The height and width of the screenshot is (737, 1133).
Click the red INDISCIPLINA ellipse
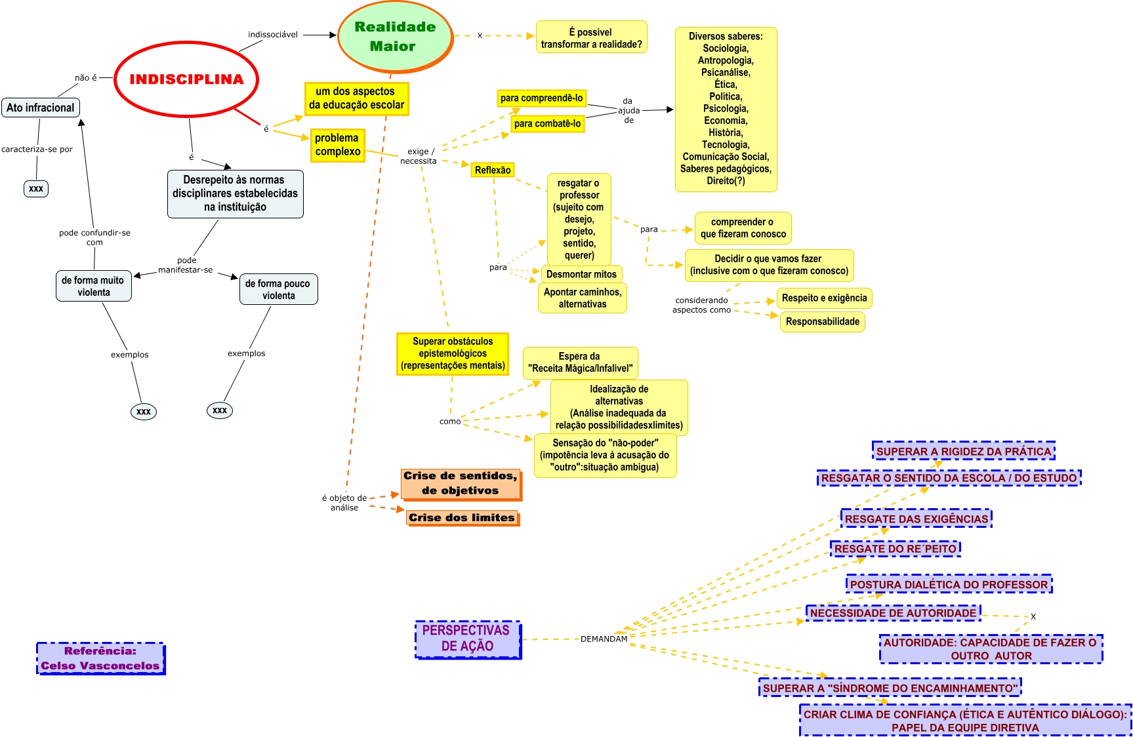coord(187,79)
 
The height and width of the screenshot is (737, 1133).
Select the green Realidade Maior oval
coord(395,37)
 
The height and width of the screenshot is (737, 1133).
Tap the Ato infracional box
coord(41,108)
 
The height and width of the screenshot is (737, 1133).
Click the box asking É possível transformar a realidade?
coord(592,38)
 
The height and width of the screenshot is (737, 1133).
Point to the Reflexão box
coord(493,170)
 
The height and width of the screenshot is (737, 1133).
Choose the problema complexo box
coord(337,145)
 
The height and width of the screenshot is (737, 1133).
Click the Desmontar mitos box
coord(581,274)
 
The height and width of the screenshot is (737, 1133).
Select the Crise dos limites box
coord(462,518)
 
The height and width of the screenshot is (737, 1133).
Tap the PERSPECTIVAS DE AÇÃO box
coord(468,639)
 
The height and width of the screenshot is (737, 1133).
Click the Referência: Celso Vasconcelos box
coord(100,658)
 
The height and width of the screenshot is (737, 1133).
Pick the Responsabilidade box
coord(823,321)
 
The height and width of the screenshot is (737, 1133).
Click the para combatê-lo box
coord(547,123)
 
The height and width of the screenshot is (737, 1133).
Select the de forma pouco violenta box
coord(278,289)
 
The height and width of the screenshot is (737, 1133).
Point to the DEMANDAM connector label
coord(604,639)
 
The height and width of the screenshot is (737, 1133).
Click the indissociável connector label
coord(273,35)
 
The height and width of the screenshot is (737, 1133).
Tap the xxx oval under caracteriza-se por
coord(36,189)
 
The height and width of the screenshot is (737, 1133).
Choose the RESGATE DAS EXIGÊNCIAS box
coord(917,519)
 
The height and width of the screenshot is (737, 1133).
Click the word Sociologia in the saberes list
coord(726,49)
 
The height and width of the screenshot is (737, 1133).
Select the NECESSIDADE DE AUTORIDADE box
coord(894,612)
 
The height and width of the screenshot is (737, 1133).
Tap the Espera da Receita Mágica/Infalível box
coord(580,363)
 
